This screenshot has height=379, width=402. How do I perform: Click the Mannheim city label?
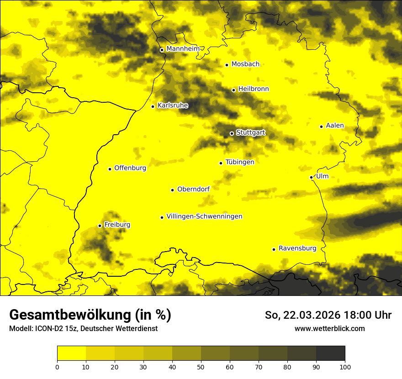(x=183, y=49)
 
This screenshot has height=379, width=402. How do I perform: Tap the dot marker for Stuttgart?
(x=232, y=133)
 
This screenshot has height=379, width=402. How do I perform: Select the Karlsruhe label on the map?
(x=173, y=105)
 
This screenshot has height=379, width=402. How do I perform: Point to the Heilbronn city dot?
(x=233, y=90)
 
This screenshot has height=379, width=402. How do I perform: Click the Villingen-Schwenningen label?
(x=204, y=216)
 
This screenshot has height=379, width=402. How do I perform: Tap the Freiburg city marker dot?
(x=100, y=226)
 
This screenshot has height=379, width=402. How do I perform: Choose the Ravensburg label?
(x=297, y=248)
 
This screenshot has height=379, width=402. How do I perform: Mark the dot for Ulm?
(x=311, y=177)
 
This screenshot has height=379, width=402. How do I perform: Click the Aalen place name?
(x=335, y=126)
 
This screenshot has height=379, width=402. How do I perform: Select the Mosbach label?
(x=245, y=64)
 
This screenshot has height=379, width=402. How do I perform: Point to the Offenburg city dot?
(x=110, y=169)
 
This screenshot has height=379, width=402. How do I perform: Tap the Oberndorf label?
(x=193, y=189)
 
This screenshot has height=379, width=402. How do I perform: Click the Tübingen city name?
(x=240, y=162)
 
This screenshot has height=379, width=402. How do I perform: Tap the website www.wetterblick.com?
(x=329, y=328)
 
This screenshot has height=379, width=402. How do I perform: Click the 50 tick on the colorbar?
(x=201, y=366)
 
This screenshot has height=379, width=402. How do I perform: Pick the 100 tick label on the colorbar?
(x=345, y=366)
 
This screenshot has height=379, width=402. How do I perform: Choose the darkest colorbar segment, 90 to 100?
(x=330, y=353)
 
